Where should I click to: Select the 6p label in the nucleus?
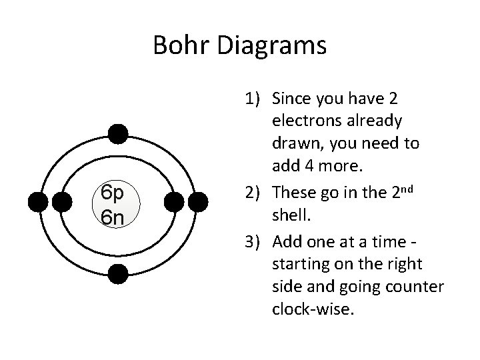point(113,193)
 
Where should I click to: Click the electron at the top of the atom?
point(118,134)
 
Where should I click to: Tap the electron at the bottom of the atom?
point(118,273)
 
